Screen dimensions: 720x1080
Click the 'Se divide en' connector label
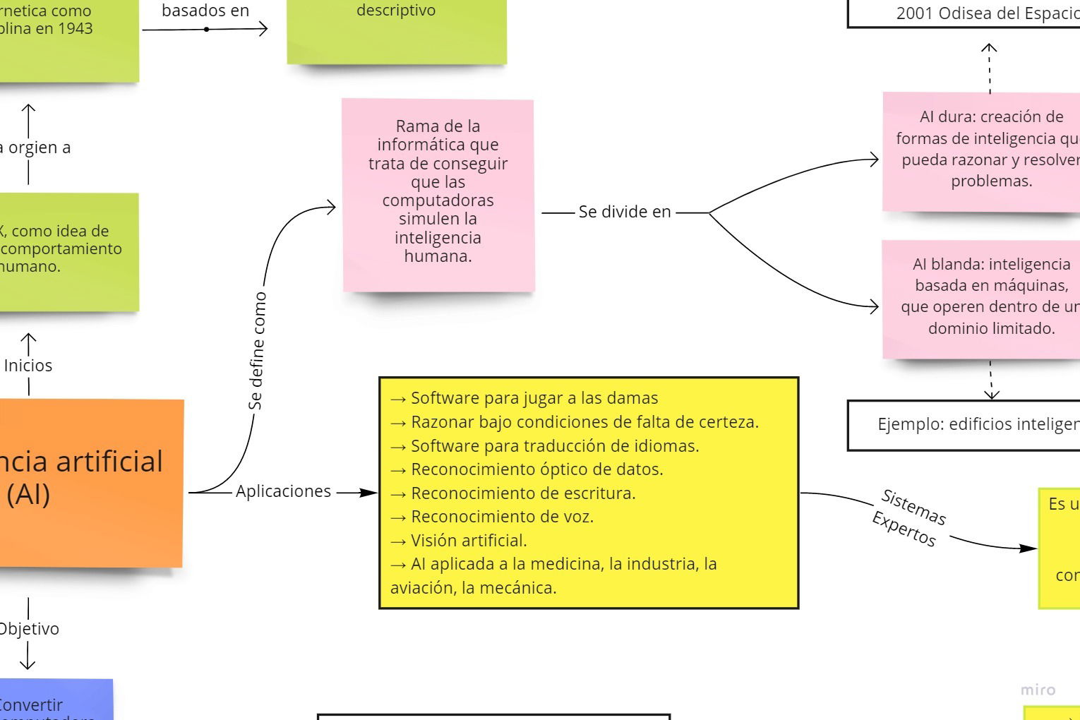(x=624, y=212)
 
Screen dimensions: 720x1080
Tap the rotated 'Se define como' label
(x=256, y=351)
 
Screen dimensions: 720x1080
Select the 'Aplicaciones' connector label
(x=283, y=491)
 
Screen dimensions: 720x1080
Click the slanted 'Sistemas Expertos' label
(x=909, y=517)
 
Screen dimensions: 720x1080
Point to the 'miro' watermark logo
(x=1038, y=690)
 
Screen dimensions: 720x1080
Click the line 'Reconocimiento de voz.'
(x=502, y=517)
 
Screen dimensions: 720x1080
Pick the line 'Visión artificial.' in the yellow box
(x=469, y=541)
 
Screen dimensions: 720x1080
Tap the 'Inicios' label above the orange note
(x=28, y=366)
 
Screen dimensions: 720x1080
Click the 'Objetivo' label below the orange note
(x=29, y=629)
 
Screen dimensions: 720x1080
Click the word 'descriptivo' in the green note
(x=396, y=11)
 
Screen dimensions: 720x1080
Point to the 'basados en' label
(x=205, y=11)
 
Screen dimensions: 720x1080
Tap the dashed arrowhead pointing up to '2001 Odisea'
(x=990, y=48)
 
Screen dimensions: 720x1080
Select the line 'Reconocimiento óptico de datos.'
(x=536, y=469)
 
